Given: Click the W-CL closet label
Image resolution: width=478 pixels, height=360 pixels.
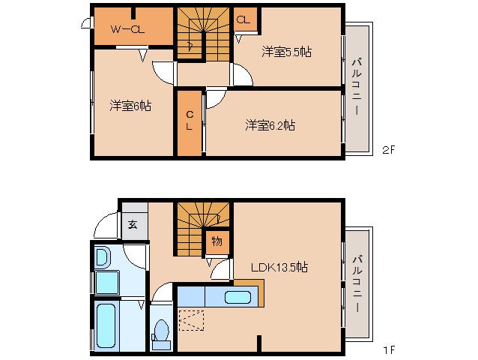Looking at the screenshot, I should (128, 29).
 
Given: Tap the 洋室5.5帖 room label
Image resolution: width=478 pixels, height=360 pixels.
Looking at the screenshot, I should (287, 52).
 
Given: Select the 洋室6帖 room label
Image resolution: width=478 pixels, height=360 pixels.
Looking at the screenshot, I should (130, 106).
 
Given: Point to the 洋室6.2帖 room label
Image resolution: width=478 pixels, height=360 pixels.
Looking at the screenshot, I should (270, 125).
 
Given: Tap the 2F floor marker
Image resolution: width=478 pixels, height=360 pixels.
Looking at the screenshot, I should (388, 149).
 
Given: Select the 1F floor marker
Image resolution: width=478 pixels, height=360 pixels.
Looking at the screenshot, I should (388, 350).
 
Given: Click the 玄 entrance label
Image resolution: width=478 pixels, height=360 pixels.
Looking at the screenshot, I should (133, 224).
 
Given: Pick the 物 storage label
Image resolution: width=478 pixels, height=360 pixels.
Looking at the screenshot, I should (217, 241).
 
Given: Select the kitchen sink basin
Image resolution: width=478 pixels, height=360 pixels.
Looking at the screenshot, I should (238, 297).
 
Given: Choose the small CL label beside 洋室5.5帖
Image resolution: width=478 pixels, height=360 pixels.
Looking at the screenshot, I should (243, 20).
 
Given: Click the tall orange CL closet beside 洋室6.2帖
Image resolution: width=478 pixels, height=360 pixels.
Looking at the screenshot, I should (190, 122).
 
